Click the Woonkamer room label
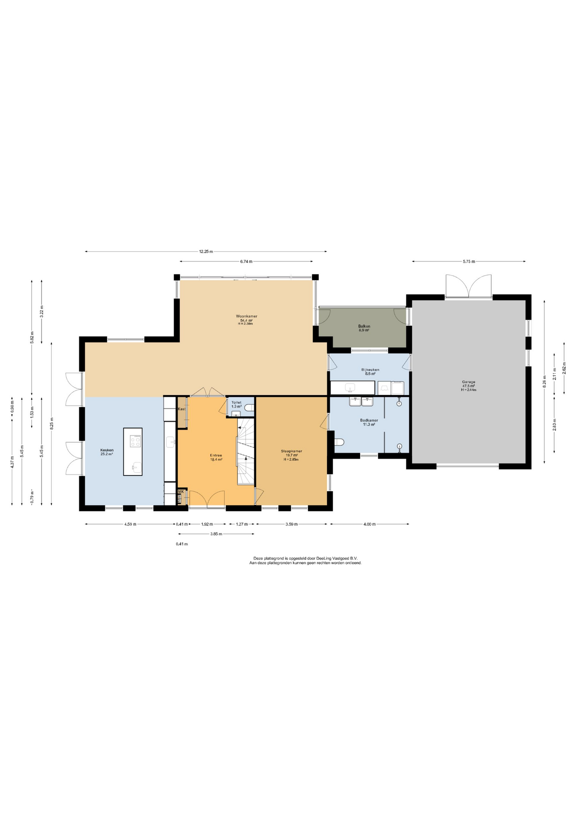click(246, 316)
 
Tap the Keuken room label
click(107, 450)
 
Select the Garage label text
click(469, 382)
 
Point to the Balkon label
click(364, 326)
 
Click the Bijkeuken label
click(370, 370)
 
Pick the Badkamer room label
click(369, 420)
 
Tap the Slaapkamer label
click(291, 451)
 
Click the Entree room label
click(216, 455)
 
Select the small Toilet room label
click(236, 402)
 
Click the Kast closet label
click(182, 409)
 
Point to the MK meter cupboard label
click(181, 491)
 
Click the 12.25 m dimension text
click(206, 251)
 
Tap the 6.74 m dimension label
click(246, 261)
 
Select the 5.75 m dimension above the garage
click(469, 261)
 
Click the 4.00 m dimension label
click(369, 524)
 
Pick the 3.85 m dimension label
click(216, 534)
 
